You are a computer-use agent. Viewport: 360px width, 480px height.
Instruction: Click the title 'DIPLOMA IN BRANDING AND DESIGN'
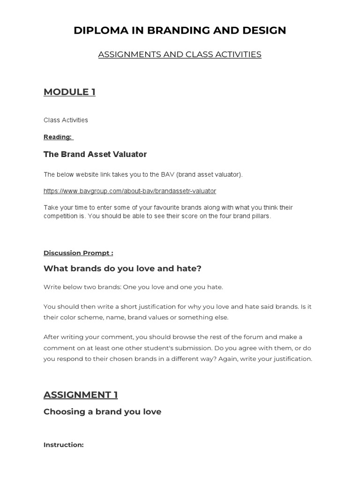point(180,30)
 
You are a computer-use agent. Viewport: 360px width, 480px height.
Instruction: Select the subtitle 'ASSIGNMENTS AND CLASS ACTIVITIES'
point(180,54)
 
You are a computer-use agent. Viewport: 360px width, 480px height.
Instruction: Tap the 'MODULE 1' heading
point(69,92)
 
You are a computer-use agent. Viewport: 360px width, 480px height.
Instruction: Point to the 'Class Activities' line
point(66,120)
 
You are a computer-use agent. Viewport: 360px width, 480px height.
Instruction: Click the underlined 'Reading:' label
point(58,137)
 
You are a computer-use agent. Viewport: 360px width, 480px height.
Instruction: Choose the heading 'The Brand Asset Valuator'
point(95,154)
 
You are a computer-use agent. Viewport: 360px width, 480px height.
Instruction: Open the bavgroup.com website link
point(130,191)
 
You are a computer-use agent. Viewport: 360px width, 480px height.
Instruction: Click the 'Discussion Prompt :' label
point(78,253)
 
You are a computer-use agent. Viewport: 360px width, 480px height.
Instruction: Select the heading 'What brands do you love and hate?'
point(122,268)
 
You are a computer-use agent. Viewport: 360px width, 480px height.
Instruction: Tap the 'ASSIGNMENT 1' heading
point(81,395)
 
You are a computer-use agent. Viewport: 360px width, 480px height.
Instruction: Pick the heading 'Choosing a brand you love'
point(102,412)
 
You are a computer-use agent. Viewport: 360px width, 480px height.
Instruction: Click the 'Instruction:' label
point(63,444)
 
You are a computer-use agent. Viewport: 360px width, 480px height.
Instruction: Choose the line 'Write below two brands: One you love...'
point(133,287)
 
